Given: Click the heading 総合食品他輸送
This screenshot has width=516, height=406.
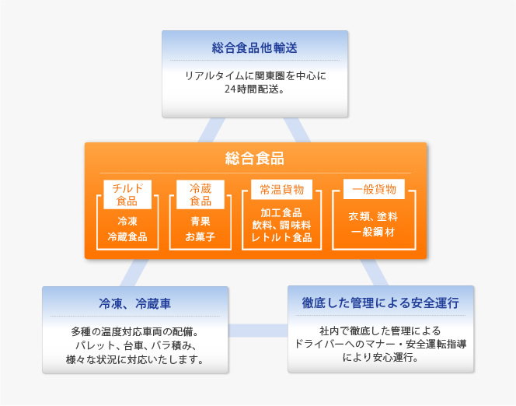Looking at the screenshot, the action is [x=254, y=48].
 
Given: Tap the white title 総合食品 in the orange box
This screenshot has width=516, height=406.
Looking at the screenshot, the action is [x=255, y=159].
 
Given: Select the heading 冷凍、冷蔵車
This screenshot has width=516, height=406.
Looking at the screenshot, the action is [x=135, y=303].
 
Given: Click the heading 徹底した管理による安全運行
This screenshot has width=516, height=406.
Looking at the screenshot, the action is [x=381, y=303].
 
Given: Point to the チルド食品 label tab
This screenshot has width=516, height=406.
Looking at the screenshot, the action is [x=127, y=194].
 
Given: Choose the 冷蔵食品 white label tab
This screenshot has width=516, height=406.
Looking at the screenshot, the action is [x=200, y=194].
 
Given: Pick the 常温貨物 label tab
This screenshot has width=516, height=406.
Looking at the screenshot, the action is [x=281, y=189].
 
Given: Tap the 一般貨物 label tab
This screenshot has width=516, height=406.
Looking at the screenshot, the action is [x=374, y=189].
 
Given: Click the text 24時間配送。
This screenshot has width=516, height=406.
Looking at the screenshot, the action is [x=254, y=89].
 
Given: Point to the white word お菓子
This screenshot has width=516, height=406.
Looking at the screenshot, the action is [x=200, y=236].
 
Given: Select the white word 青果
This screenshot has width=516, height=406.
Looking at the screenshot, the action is [x=200, y=221].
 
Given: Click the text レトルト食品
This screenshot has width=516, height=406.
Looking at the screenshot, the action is [x=281, y=237].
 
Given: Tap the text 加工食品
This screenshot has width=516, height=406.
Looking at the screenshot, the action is [x=281, y=212].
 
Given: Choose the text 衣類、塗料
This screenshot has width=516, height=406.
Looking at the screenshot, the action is [x=373, y=216].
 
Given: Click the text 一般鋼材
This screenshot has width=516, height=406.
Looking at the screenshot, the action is [x=373, y=232].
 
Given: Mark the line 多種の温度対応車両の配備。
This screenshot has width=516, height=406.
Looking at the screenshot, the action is [x=135, y=331].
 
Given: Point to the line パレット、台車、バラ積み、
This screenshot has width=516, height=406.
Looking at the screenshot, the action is [x=135, y=345].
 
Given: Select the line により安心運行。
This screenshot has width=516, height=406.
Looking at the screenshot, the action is [x=381, y=357].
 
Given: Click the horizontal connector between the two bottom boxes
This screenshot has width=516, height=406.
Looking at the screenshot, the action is [x=258, y=331].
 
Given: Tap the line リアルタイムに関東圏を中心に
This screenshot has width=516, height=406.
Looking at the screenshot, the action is [x=255, y=75].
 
